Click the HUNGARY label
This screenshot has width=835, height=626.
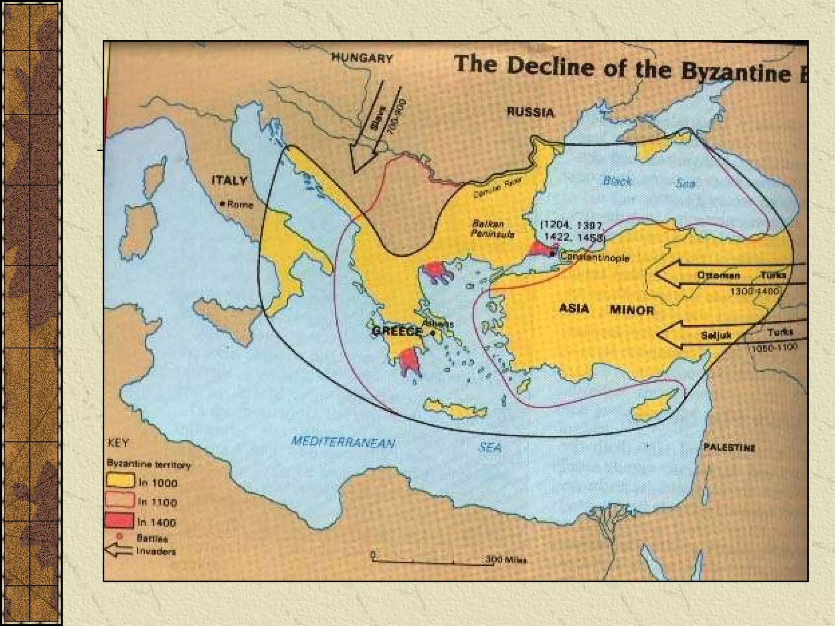click(x=362, y=58)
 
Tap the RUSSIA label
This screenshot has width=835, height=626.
click(x=530, y=112)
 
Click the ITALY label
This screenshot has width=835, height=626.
click(x=230, y=180)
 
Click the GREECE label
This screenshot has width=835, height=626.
click(x=397, y=331)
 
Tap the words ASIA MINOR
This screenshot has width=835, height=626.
click(x=606, y=309)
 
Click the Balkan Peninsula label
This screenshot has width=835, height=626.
click(x=493, y=229)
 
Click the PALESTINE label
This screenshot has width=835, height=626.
click(x=729, y=447)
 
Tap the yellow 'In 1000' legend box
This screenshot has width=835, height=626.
click(x=120, y=480)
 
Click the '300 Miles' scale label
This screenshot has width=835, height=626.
click(x=505, y=560)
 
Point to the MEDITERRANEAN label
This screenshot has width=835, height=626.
click(x=343, y=442)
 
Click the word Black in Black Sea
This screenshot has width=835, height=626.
click(x=616, y=181)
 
